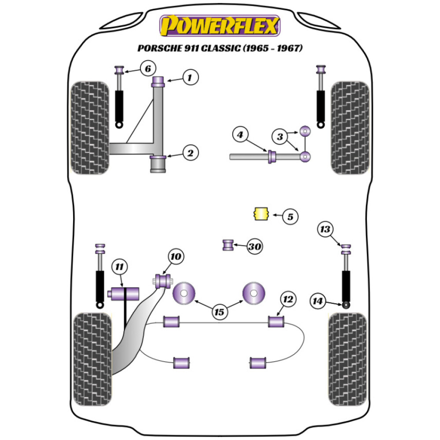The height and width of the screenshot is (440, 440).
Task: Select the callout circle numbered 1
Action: [189, 78]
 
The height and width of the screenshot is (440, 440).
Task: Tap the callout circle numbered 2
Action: [190, 153]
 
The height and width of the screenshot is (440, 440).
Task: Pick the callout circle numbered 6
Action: [148, 68]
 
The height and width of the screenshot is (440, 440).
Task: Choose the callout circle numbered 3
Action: [280, 137]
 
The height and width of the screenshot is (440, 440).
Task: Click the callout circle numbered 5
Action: [290, 216]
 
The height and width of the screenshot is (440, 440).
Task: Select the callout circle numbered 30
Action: [254, 247]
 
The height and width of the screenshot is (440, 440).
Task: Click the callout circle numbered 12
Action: [288, 300]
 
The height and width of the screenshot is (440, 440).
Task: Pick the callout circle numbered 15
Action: [219, 312]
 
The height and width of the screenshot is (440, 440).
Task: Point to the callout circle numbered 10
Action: [176, 256]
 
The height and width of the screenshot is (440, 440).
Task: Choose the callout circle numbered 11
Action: [119, 266]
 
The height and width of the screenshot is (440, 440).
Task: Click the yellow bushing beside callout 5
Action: [261, 214]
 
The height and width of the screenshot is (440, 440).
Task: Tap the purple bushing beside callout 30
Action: [228, 245]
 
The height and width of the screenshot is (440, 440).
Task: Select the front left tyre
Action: [90, 128]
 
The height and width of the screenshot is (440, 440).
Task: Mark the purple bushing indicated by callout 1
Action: [158, 81]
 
